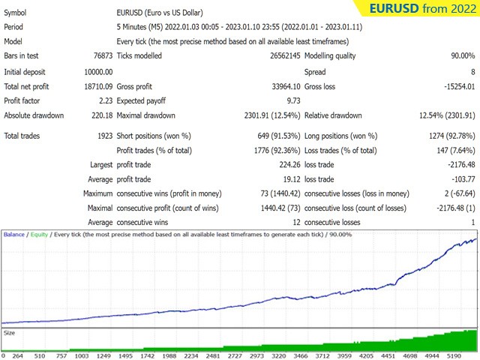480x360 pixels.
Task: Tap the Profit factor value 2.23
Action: click(x=104, y=101)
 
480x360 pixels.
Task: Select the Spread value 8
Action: click(x=472, y=72)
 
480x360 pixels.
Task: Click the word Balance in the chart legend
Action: click(x=14, y=235)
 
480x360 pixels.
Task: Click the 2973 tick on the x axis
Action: click(x=256, y=356)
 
